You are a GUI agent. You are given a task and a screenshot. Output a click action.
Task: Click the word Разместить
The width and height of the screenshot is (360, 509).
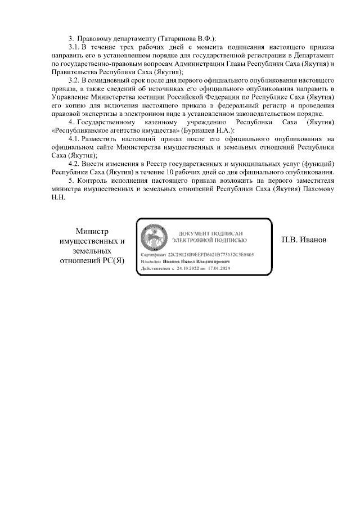click(103, 139)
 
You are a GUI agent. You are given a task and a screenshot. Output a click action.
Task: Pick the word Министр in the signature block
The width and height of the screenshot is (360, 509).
click(92, 231)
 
